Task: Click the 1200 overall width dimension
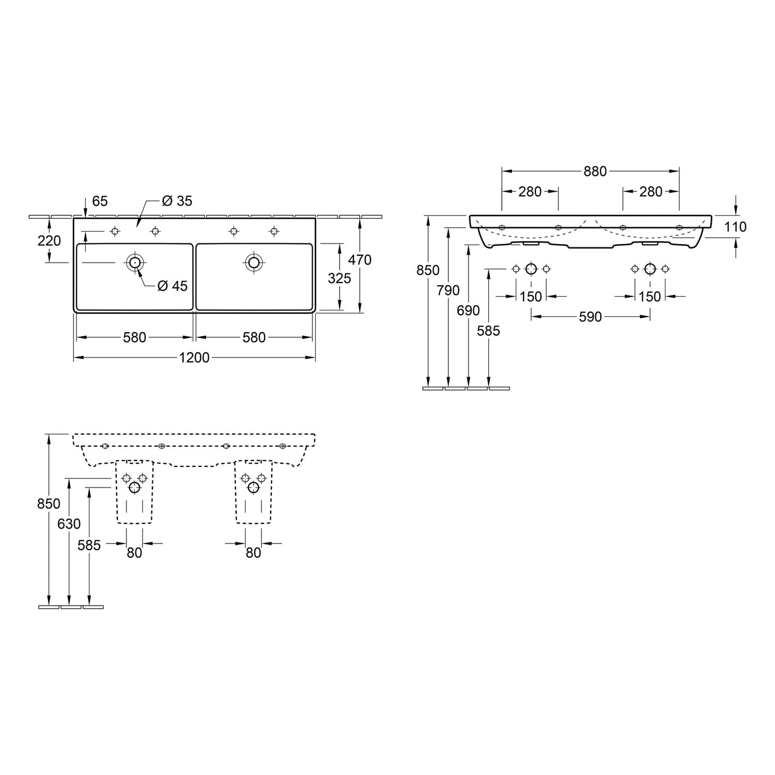click(194, 358)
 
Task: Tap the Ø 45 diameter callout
click(173, 286)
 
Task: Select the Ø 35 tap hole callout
click(177, 201)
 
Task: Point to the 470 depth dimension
click(360, 259)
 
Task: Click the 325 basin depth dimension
click(339, 278)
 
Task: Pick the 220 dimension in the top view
click(49, 241)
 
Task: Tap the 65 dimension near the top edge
click(99, 200)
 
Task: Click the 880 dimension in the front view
click(595, 172)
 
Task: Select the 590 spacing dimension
click(590, 317)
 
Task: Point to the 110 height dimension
click(735, 226)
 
